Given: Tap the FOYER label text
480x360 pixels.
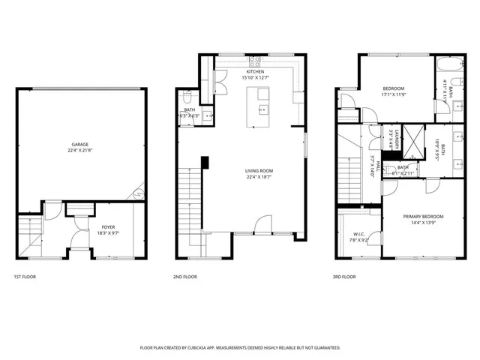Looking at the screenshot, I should [109, 225].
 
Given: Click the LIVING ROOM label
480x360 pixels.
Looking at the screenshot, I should [259, 171].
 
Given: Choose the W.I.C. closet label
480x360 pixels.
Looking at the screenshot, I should [359, 234].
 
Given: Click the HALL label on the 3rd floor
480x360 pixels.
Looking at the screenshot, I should [379, 164].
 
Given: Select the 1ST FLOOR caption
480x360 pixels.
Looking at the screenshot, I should [24, 277].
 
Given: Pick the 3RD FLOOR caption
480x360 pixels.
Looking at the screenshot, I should [344, 277].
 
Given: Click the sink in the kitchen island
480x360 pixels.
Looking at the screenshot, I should [262, 109].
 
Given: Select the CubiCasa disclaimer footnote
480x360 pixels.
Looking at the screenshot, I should [240, 348].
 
